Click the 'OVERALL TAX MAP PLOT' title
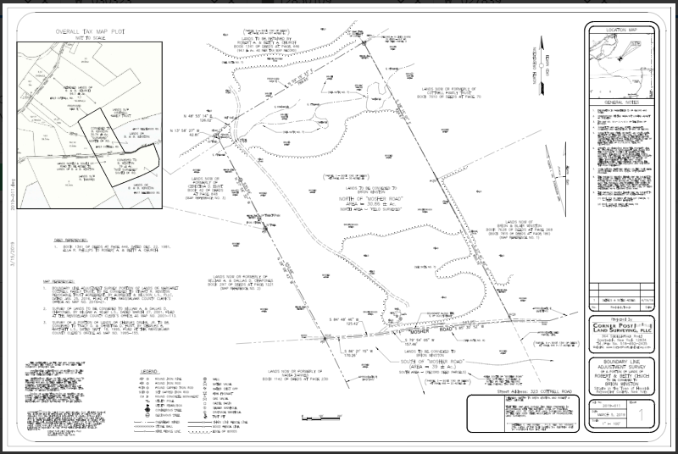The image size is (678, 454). [78, 30]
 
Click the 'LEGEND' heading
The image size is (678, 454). [150, 371]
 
